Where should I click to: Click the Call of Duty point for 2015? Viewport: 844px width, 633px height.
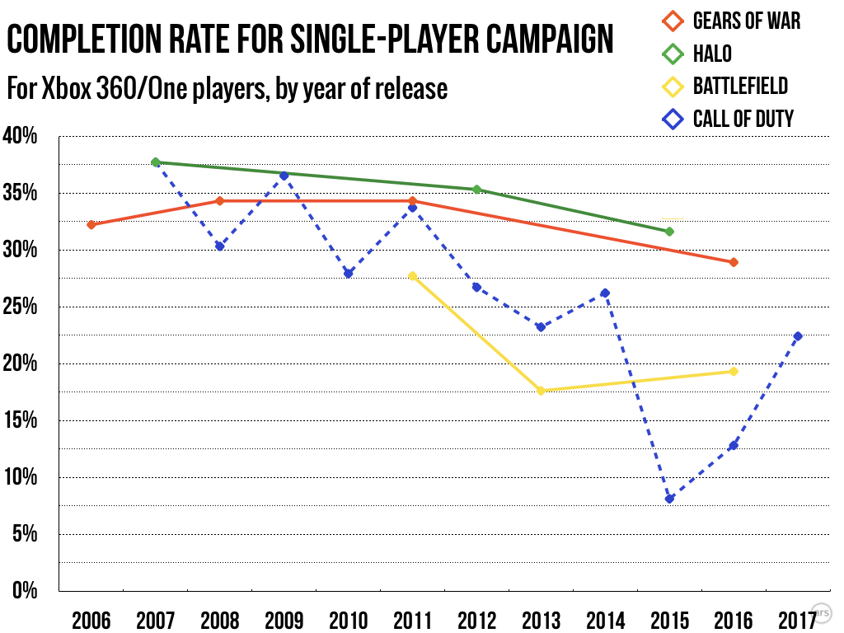coord(669,499)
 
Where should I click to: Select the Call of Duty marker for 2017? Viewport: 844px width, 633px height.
coord(798,335)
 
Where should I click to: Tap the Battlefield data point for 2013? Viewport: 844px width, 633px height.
coord(541,391)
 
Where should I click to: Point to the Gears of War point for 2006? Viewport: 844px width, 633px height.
coord(91,224)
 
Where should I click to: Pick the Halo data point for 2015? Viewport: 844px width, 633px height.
coord(669,232)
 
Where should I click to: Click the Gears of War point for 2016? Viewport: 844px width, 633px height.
coord(734,262)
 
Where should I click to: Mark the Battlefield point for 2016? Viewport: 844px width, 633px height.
coord(734,372)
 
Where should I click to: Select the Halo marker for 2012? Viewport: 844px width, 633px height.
coord(476,190)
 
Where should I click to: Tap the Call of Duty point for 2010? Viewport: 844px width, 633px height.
coord(348,274)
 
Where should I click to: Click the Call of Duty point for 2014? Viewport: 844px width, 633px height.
coord(605,293)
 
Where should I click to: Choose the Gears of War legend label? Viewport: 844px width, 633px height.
coord(746,21)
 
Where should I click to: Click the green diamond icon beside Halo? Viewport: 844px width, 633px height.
coord(673,54)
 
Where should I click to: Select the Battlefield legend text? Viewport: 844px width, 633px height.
coord(740,86)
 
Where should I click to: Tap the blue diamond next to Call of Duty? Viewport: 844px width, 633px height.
coord(673,119)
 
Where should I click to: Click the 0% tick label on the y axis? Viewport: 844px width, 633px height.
coord(25,591)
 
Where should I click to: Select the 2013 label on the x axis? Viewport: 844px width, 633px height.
coord(541,620)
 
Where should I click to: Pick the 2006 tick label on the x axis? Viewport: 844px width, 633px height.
coord(91,620)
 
